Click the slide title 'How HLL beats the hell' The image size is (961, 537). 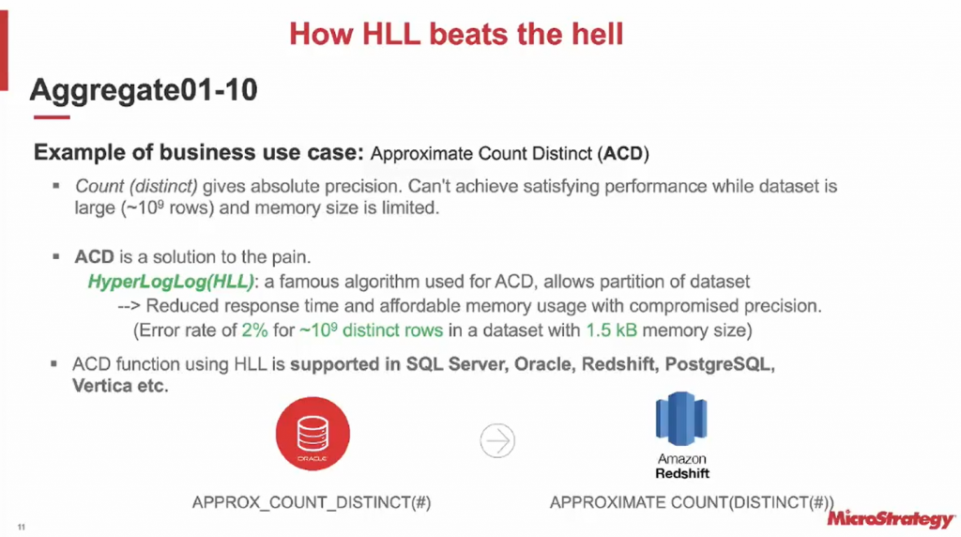click(x=456, y=34)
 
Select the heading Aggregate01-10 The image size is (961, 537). click(x=144, y=90)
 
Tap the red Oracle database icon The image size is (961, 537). click(x=313, y=434)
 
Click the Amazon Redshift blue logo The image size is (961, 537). click(x=681, y=419)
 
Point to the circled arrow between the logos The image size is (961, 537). click(x=497, y=440)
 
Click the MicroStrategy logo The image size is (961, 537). click(x=891, y=518)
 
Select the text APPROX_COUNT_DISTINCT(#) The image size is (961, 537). click(x=312, y=502)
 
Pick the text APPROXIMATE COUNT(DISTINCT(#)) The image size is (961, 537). click(x=692, y=502)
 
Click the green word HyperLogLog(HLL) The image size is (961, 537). click(x=171, y=282)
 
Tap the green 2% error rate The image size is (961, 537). click(x=254, y=330)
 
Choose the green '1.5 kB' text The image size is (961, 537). click(x=611, y=330)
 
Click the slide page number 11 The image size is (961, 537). click(x=22, y=528)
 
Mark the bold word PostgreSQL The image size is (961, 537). click(x=720, y=365)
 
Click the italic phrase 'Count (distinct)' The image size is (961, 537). click(x=136, y=187)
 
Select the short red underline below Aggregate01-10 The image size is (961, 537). click(x=52, y=116)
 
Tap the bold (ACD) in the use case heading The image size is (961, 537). click(x=623, y=153)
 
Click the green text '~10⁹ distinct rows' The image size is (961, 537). click(x=371, y=330)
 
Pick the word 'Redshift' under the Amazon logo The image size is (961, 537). click(x=682, y=473)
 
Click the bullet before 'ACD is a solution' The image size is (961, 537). click(x=55, y=257)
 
